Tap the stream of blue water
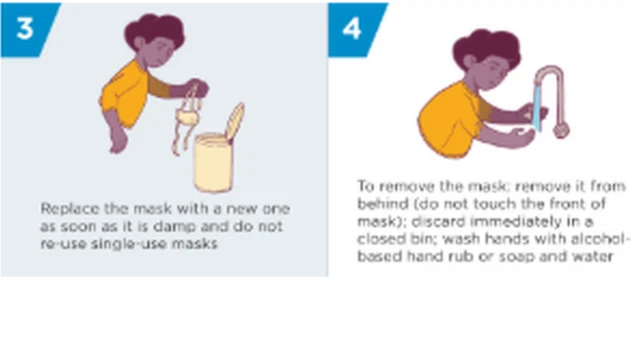[x=535, y=108]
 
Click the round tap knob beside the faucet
[x=561, y=128]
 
